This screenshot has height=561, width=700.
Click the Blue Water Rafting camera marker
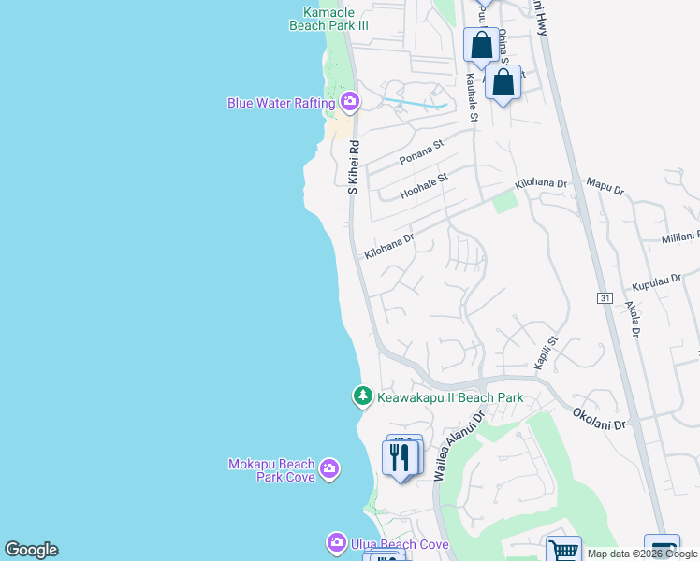[350, 101]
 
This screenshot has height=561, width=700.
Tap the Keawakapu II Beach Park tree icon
[363, 396]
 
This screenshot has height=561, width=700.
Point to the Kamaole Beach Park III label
[335, 19]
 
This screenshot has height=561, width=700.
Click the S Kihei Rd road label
[354, 167]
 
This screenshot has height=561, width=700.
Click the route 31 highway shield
[605, 297]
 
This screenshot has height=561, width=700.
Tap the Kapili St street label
[546, 352]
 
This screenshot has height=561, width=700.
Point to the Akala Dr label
[635, 318]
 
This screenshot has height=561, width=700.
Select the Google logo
[31, 550]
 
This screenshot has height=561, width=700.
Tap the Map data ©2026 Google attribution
[642, 554]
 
